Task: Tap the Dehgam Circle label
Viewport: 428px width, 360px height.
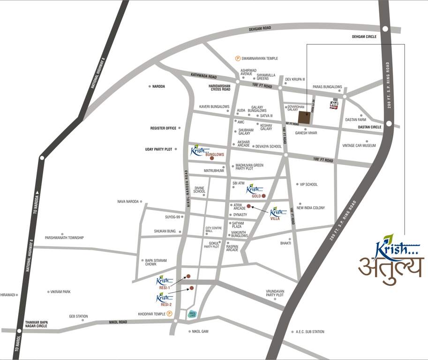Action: [364, 37]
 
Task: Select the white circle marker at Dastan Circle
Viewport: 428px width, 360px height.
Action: [389, 124]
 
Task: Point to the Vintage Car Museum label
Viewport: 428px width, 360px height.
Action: [359, 146]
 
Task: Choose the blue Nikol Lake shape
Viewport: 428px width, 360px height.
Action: [192, 315]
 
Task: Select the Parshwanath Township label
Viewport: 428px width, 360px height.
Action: [64, 238]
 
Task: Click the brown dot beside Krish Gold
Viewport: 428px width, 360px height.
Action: [263, 196]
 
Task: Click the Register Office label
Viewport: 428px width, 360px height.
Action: [163, 128]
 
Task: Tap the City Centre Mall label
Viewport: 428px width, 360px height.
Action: [213, 230]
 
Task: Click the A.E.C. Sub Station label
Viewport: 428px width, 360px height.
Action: [310, 332]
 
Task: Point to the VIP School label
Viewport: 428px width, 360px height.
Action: [308, 184]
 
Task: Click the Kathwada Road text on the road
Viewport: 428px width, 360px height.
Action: [203, 76]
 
